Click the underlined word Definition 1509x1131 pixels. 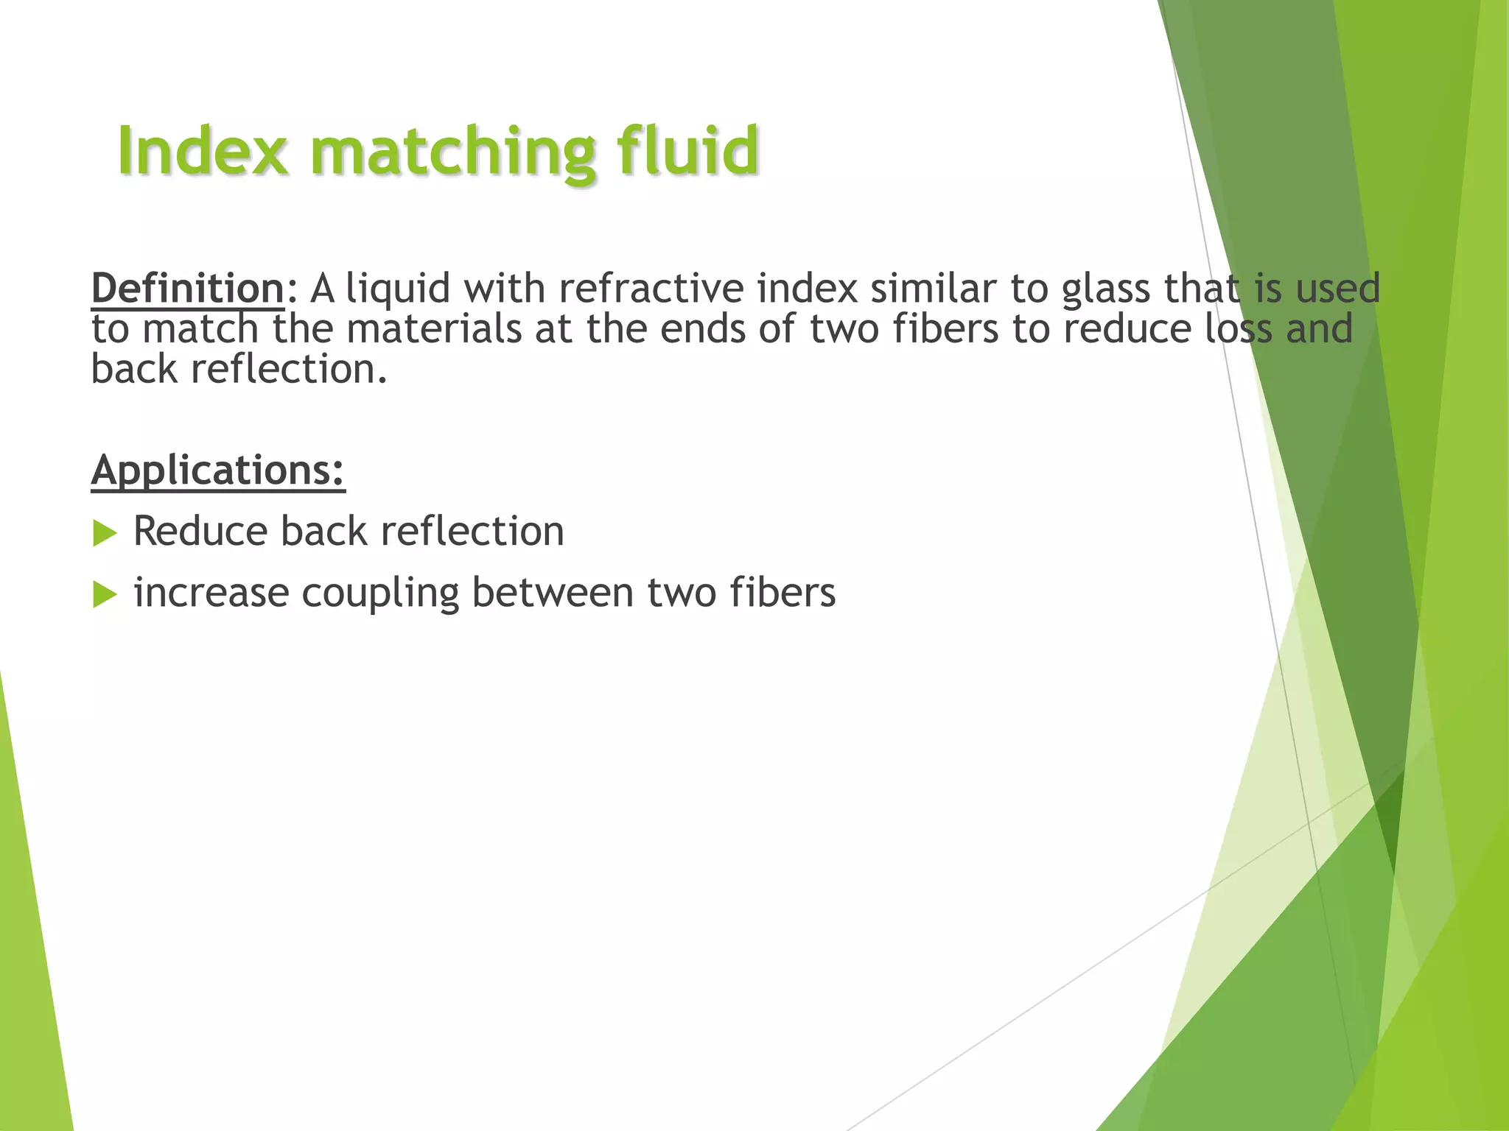tap(187, 288)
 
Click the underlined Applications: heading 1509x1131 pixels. tap(218, 471)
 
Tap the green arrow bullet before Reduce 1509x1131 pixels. tap(105, 532)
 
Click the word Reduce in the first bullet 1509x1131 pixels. tap(200, 531)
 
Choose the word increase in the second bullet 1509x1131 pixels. tap(211, 593)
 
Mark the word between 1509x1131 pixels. tap(553, 593)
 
